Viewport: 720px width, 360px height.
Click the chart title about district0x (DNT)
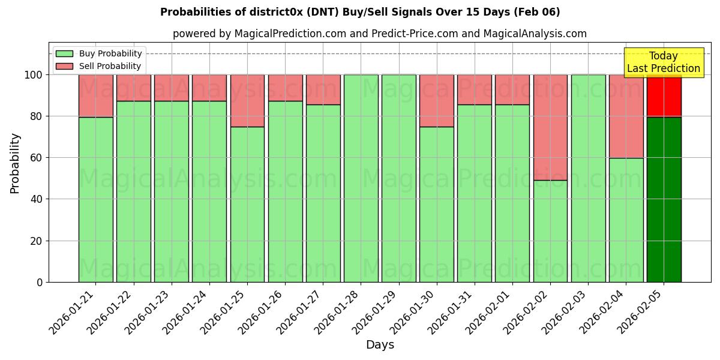click(360, 12)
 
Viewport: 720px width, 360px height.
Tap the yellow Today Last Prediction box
click(663, 62)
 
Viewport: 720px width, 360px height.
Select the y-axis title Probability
click(15, 163)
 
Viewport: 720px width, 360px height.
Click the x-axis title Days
click(380, 345)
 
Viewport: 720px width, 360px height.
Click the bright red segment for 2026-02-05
click(664, 96)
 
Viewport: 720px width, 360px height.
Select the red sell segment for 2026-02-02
click(550, 127)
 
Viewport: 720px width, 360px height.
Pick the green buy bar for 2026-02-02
click(550, 231)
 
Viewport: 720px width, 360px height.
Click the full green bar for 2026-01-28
click(361, 178)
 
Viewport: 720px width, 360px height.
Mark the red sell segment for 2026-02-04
click(626, 116)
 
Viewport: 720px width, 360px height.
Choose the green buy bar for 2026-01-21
click(95, 199)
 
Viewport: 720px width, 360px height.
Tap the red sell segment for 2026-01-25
click(247, 101)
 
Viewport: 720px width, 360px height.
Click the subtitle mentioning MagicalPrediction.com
click(380, 34)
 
